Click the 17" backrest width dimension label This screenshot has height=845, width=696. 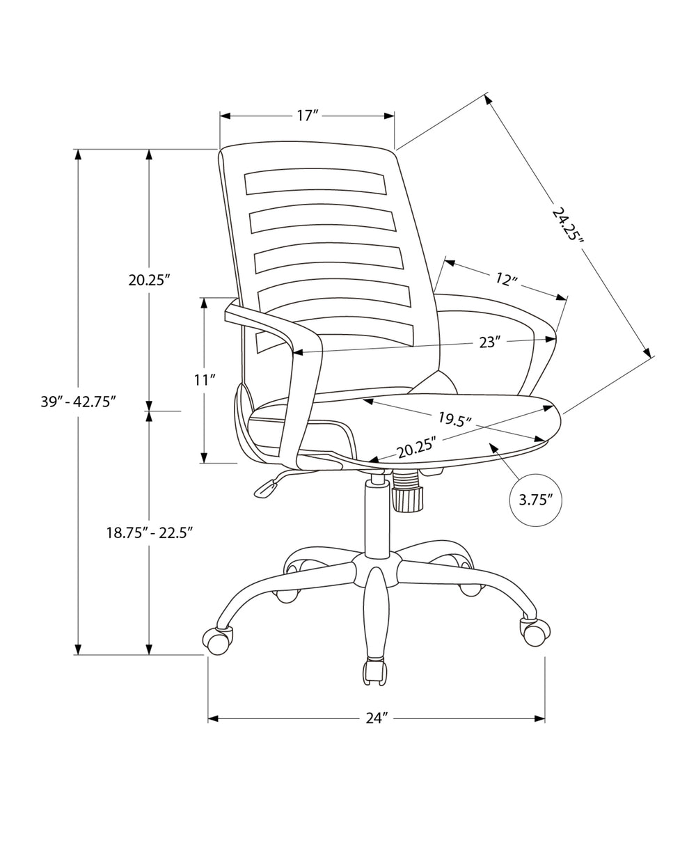click(307, 116)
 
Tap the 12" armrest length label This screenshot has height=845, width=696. click(507, 279)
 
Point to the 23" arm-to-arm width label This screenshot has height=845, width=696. click(489, 342)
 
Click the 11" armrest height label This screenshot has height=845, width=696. click(204, 379)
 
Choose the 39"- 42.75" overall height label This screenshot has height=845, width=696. click(77, 402)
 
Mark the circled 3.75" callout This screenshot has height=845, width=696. click(535, 499)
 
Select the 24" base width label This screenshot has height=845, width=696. click(376, 718)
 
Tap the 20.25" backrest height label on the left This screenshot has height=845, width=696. click(149, 280)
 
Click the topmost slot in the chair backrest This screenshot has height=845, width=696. click(315, 182)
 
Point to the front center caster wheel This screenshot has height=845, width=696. click(375, 671)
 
